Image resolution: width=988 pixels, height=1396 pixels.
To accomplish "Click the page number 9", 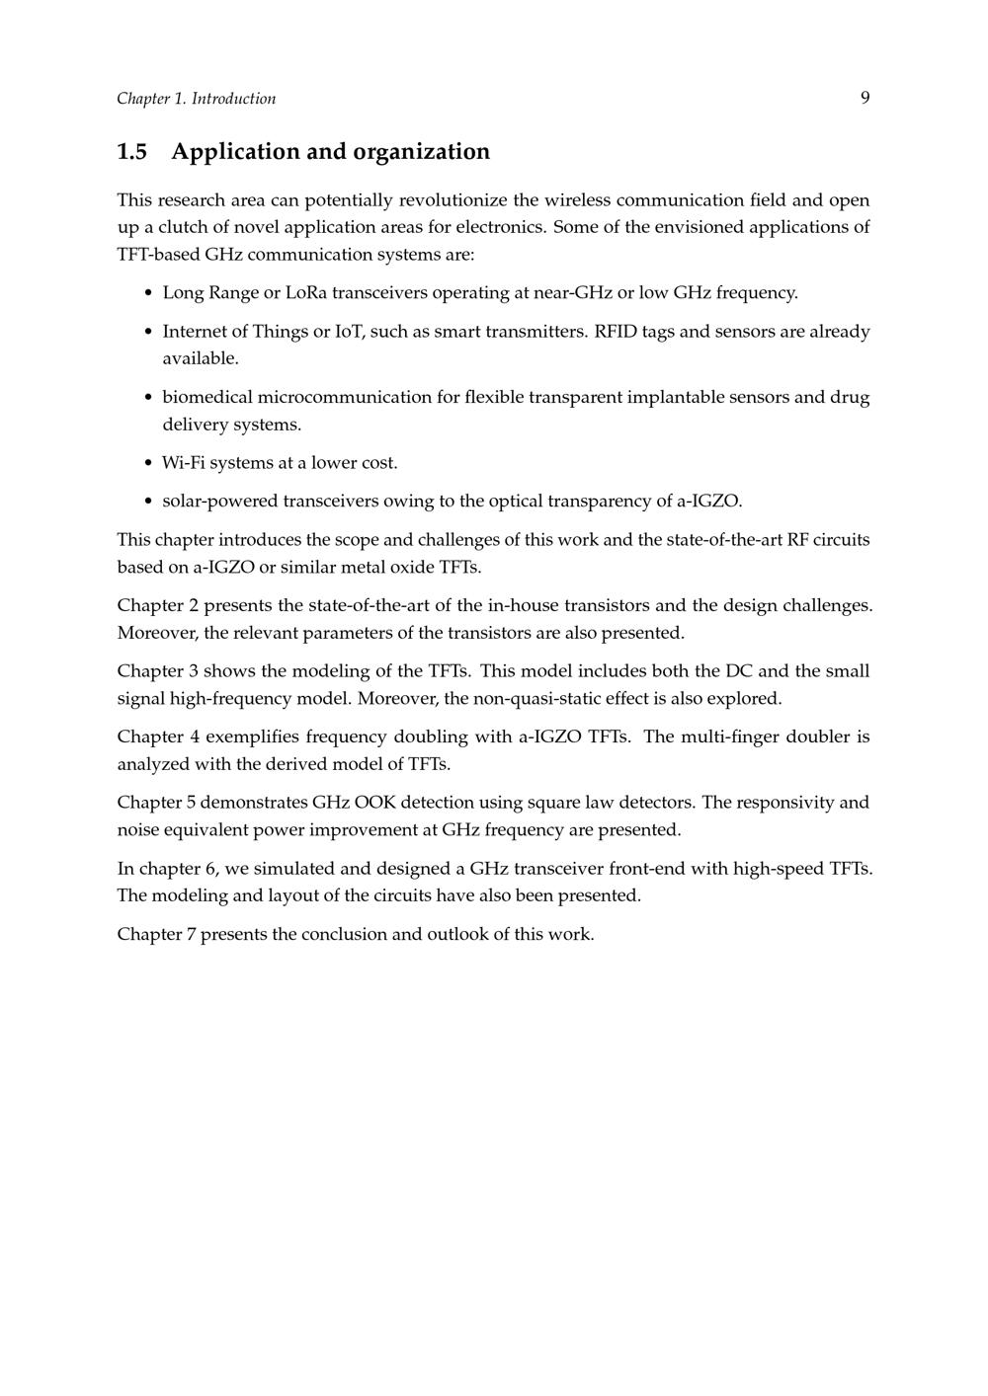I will (864, 98).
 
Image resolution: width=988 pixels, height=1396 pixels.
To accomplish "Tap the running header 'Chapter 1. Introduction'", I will (196, 99).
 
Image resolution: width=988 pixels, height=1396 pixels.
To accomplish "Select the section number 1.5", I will (131, 152).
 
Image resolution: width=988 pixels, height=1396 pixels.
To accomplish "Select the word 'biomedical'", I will (207, 398).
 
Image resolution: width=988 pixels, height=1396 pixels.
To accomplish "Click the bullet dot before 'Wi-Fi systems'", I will (148, 463).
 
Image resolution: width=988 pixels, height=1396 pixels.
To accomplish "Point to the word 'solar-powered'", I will (220, 502).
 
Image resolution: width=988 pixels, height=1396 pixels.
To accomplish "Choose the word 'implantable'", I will (676, 398).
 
